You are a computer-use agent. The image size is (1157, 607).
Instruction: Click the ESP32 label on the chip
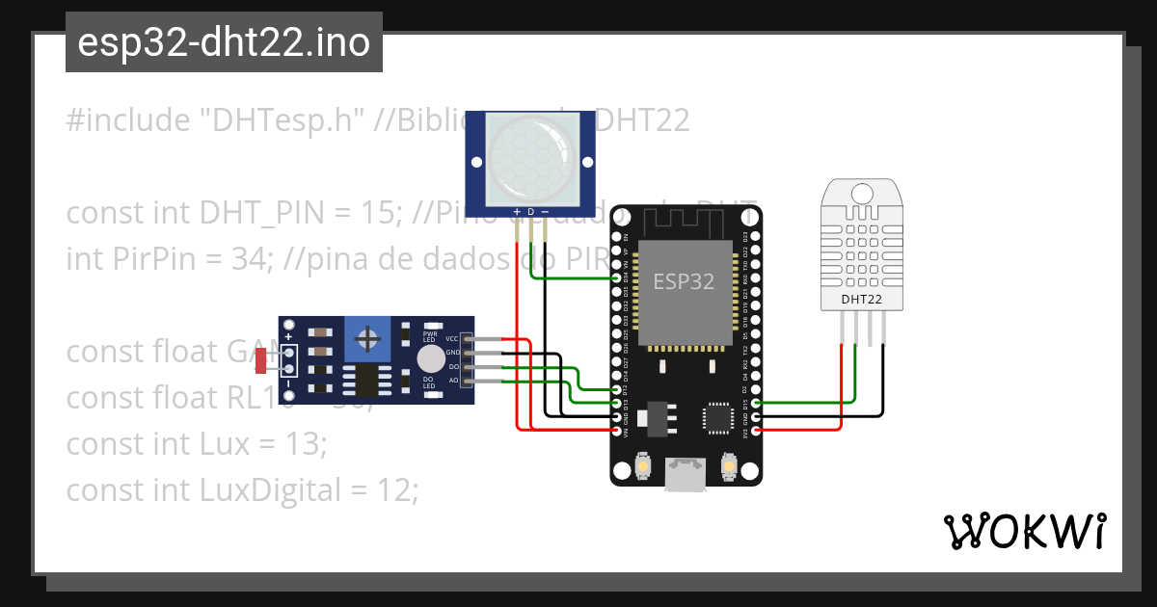coord(684,281)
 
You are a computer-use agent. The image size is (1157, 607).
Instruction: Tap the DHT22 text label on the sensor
coord(861,300)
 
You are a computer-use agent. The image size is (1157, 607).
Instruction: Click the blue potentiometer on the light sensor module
coord(367,338)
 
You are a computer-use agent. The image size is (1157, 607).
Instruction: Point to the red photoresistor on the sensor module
coord(260,361)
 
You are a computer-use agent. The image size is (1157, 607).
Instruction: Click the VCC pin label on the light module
coord(451,339)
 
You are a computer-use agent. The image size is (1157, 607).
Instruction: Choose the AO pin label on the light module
coord(453,382)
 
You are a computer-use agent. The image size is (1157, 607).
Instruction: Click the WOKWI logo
coord(1023,531)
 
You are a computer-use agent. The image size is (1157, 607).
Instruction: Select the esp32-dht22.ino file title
coord(224,42)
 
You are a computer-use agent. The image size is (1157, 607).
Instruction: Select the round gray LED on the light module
coord(431,358)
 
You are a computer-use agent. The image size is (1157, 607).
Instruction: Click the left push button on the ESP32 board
coord(642,468)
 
